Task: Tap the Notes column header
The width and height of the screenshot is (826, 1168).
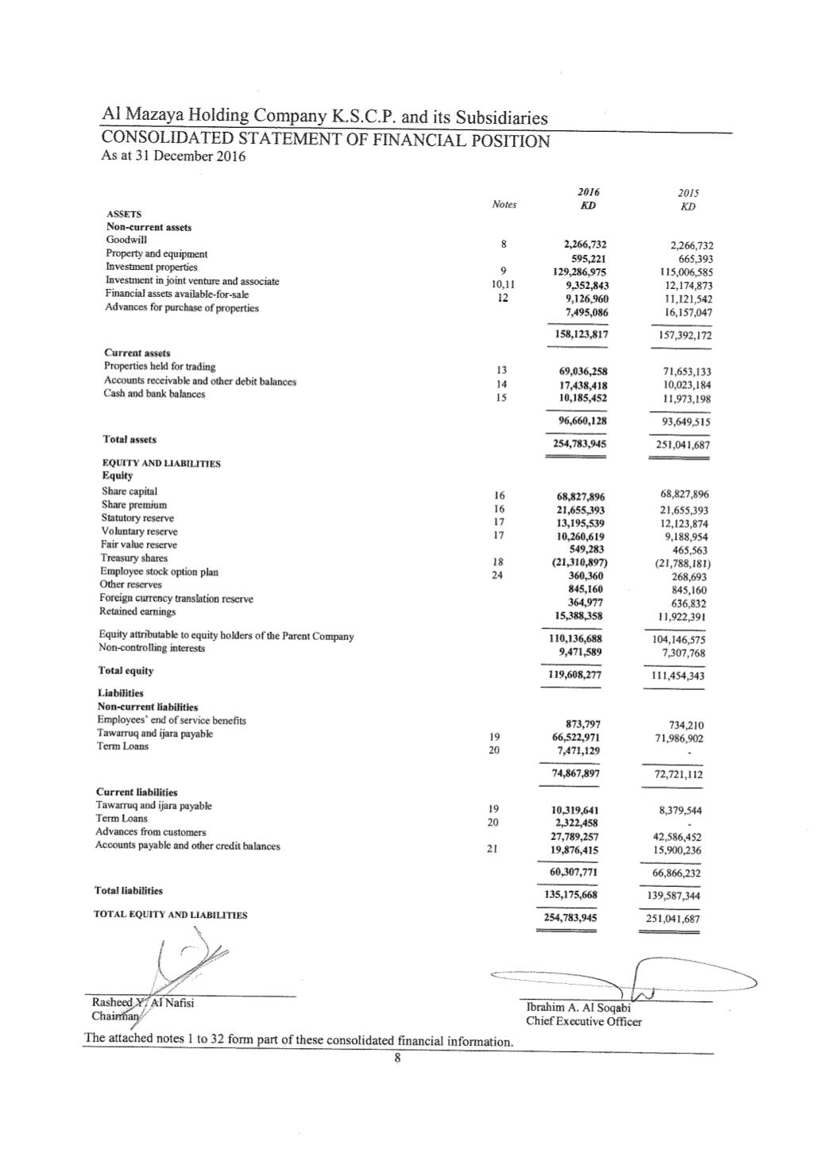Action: click(x=504, y=205)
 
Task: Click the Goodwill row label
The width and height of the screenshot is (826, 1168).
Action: click(x=126, y=240)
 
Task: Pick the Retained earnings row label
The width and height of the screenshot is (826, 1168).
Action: click(x=137, y=611)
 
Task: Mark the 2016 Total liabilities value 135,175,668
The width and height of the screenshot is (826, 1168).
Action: click(x=574, y=895)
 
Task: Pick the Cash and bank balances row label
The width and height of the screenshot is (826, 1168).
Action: click(x=154, y=394)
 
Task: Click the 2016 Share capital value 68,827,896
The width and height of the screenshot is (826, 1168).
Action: click(x=578, y=497)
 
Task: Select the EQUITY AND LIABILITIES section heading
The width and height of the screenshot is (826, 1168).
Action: click(x=161, y=463)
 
